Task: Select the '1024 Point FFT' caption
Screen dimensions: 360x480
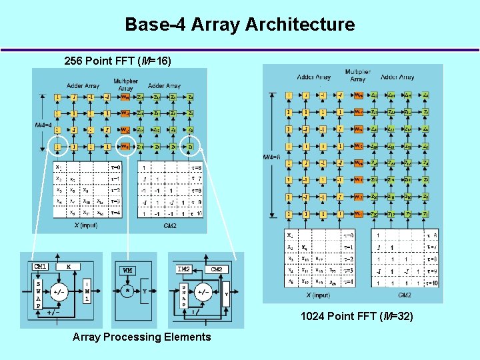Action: [357, 316]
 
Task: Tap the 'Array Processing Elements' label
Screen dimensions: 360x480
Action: [141, 337]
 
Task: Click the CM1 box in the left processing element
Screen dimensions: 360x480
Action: [41, 267]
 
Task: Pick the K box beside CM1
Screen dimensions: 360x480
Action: [68, 267]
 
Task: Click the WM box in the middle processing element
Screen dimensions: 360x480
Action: [127, 270]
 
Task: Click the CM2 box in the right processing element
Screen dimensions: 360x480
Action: [217, 269]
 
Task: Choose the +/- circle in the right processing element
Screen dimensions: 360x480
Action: [203, 291]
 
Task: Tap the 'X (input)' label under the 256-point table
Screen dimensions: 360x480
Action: [87, 226]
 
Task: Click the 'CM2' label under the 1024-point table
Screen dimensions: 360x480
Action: [405, 294]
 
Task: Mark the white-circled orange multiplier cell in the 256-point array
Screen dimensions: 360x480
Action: [125, 146]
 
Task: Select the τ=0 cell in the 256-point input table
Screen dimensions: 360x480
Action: [115, 167]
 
